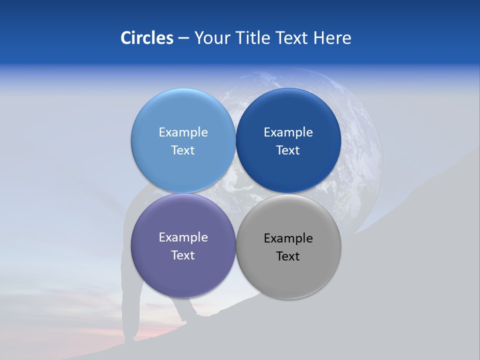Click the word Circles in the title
click(147, 38)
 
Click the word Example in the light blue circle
click(183, 132)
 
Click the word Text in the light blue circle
click(183, 150)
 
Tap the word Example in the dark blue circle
click(288, 132)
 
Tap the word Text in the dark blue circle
click(288, 150)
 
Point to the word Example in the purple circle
click(183, 237)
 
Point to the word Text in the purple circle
click(183, 255)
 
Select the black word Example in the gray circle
click(288, 238)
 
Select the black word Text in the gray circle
click(288, 256)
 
